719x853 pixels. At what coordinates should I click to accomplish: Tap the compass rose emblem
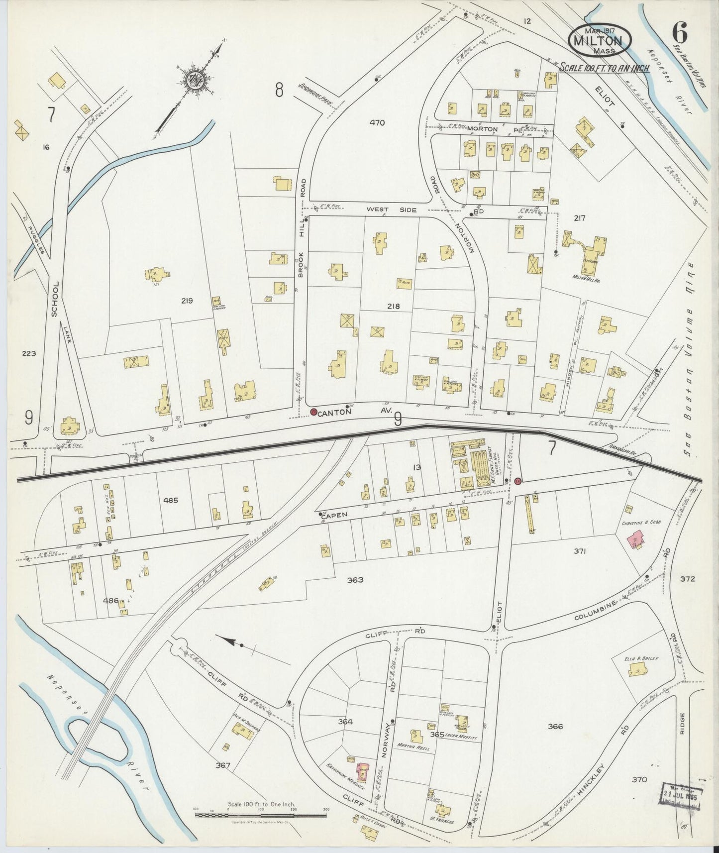[x=192, y=80]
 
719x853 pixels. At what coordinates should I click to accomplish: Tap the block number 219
[x=187, y=301]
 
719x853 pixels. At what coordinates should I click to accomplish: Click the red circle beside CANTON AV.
[x=313, y=412]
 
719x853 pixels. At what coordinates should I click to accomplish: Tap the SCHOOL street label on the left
[x=56, y=298]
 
